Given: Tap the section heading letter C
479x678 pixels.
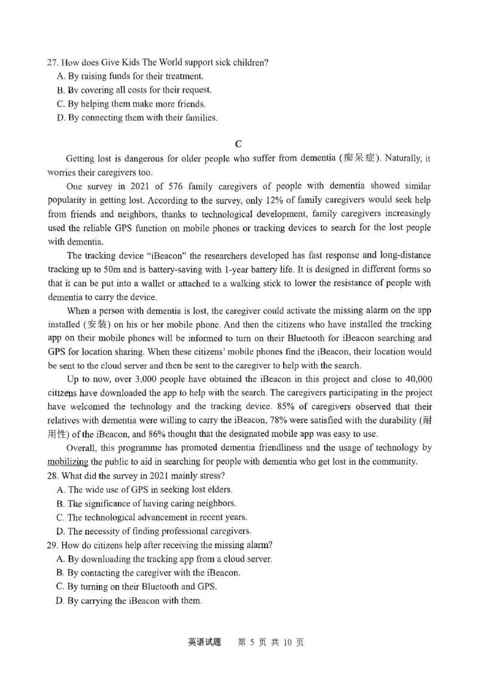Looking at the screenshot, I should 239,143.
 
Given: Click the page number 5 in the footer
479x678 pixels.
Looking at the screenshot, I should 253,643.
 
